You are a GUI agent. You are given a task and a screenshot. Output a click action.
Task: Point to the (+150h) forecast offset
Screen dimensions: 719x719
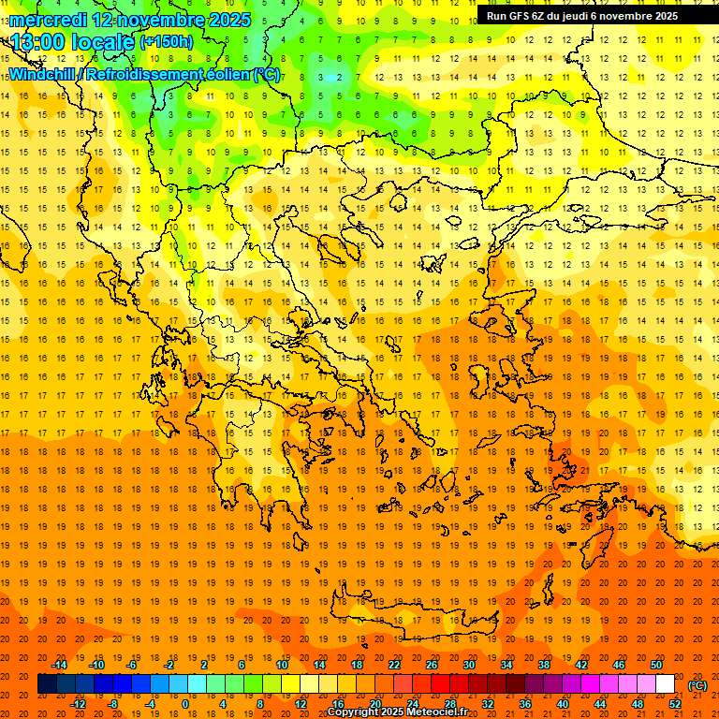tap(167, 42)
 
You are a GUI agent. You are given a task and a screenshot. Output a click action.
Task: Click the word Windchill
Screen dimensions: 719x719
tap(42, 74)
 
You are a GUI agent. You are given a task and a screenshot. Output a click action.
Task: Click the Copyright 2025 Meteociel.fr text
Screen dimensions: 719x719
tap(397, 712)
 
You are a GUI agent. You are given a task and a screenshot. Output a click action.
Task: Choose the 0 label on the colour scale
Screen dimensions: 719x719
tap(185, 704)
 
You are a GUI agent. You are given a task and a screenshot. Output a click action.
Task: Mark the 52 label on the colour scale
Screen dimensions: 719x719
tap(675, 704)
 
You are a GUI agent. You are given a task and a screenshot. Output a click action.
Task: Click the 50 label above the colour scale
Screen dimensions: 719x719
tap(656, 665)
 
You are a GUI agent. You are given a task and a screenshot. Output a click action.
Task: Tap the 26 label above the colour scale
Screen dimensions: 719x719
tap(432, 665)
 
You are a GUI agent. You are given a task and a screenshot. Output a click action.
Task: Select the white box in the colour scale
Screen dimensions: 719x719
tap(666, 684)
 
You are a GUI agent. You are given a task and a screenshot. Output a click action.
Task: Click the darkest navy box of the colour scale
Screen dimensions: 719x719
tap(47, 684)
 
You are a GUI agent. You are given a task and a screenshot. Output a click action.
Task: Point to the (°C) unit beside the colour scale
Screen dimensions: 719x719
tap(697, 684)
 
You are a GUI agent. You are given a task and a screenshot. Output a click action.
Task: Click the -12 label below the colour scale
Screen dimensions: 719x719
tap(78, 704)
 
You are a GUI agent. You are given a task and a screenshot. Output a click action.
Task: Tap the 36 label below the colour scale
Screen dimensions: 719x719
tap(525, 704)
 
